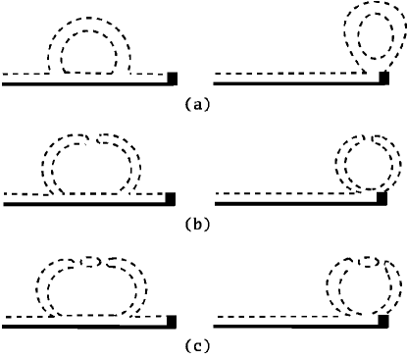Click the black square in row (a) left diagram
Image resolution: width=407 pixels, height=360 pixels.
174,77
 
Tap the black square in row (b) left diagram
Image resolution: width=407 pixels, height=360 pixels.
174,197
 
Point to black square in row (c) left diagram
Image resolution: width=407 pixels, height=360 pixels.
174,320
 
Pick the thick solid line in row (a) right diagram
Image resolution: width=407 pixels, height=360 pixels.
294,84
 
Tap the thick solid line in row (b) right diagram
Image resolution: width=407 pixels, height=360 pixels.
294,204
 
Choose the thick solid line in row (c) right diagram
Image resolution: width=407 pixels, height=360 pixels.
294,327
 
